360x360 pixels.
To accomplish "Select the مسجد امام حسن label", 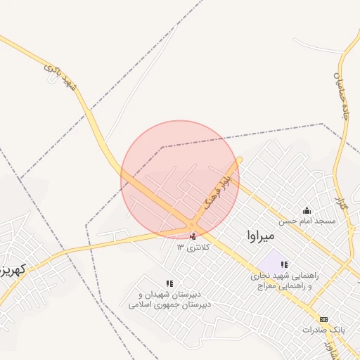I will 306,221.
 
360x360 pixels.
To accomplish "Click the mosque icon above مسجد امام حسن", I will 306,210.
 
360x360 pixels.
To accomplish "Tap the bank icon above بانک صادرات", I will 323,319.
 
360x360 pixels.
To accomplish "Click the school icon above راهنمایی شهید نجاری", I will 284,265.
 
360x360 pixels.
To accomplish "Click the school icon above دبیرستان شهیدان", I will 169,283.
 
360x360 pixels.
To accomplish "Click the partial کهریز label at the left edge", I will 12,269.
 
